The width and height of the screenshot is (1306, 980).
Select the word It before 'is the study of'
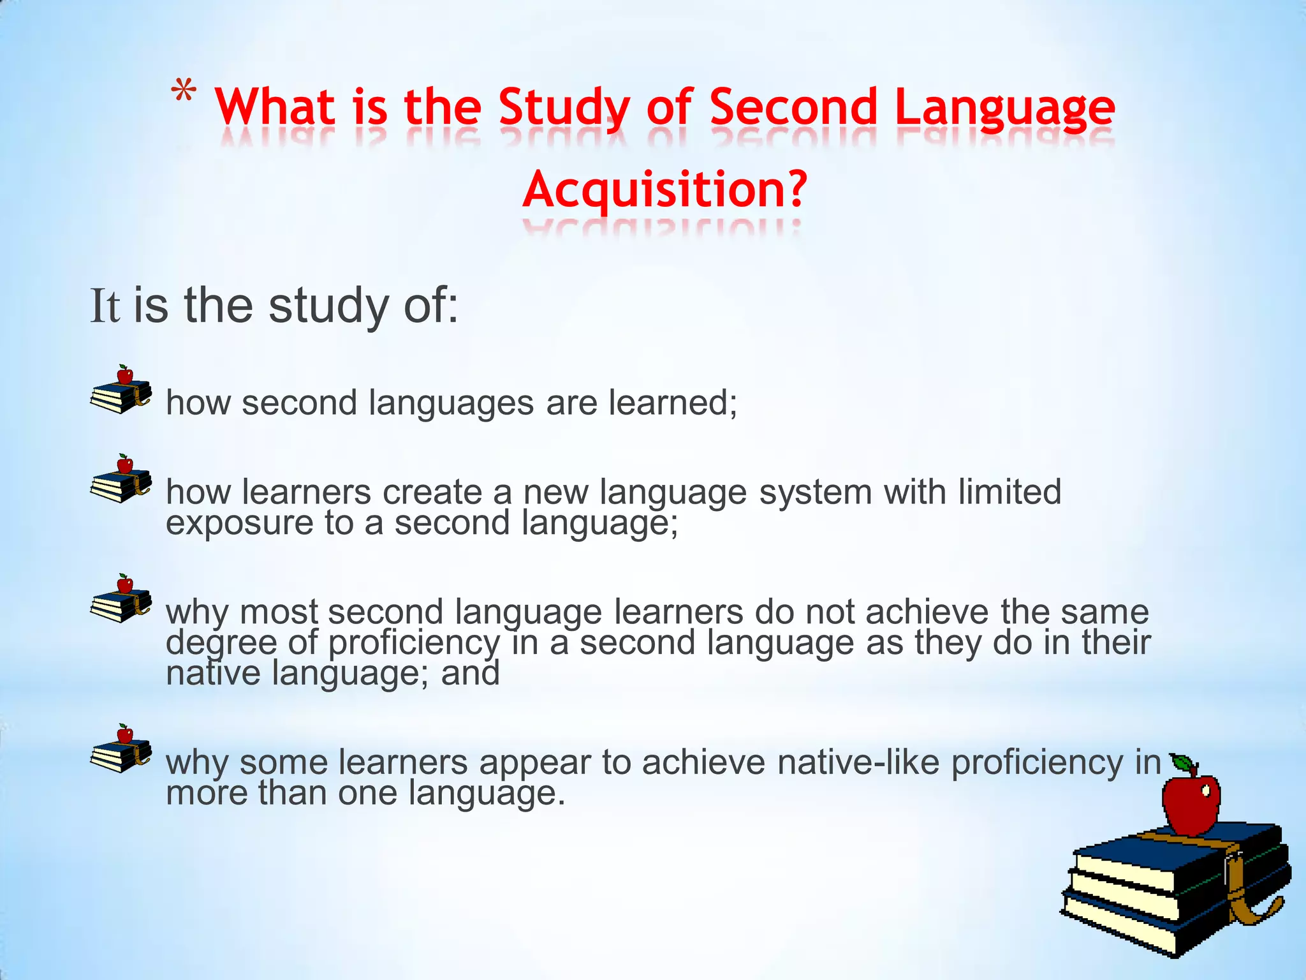click(105, 306)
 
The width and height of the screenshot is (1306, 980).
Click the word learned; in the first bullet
click(673, 403)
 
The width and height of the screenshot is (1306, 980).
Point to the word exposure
click(239, 523)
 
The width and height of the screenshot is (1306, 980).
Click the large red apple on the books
click(1191, 804)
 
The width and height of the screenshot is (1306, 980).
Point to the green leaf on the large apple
click(1183, 762)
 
